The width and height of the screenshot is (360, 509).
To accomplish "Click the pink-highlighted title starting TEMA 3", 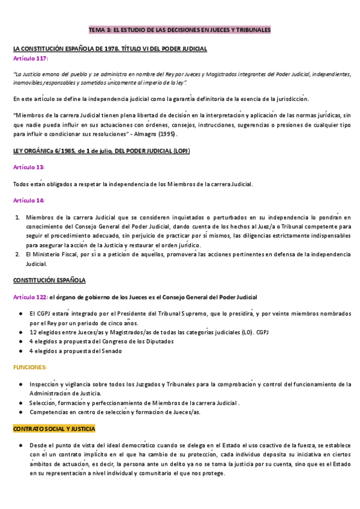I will [x=179, y=29].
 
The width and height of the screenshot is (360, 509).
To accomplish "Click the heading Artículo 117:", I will [x=31, y=59].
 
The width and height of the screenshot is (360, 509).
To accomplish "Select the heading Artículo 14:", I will [x=29, y=200].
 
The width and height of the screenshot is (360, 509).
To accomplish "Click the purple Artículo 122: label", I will [x=29, y=297].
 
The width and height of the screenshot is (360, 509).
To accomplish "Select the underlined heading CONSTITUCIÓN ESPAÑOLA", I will [x=49, y=280].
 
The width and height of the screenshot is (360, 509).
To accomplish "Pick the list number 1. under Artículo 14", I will [x=18, y=217].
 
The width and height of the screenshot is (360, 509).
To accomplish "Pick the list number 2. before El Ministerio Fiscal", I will [x=18, y=255].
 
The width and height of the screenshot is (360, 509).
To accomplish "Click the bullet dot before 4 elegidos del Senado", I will [x=22, y=351].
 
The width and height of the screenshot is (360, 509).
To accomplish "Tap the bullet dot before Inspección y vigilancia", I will [x=22, y=384].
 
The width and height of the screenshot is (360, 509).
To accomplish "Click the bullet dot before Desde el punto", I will [x=22, y=446].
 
